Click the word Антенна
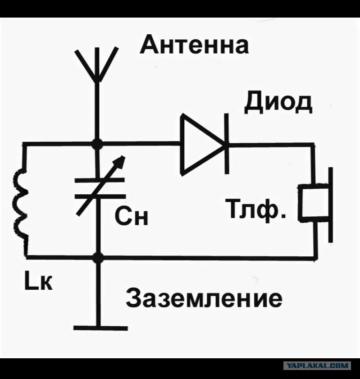pyautogui.click(x=194, y=44)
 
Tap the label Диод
pyautogui.click(x=278, y=103)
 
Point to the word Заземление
pyautogui.click(x=204, y=298)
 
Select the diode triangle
pyautogui.click(x=202, y=144)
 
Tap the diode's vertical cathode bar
pyautogui.click(x=227, y=144)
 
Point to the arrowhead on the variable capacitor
pyautogui.click(x=121, y=162)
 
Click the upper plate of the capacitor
pyautogui.click(x=100, y=180)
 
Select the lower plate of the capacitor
pyautogui.click(x=100, y=196)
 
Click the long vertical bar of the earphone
pyautogui.click(x=331, y=205)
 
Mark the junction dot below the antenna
pyautogui.click(x=98, y=145)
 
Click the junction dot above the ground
pyautogui.click(x=98, y=258)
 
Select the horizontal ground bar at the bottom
pyautogui.click(x=100, y=328)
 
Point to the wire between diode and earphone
pyautogui.click(x=271, y=145)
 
